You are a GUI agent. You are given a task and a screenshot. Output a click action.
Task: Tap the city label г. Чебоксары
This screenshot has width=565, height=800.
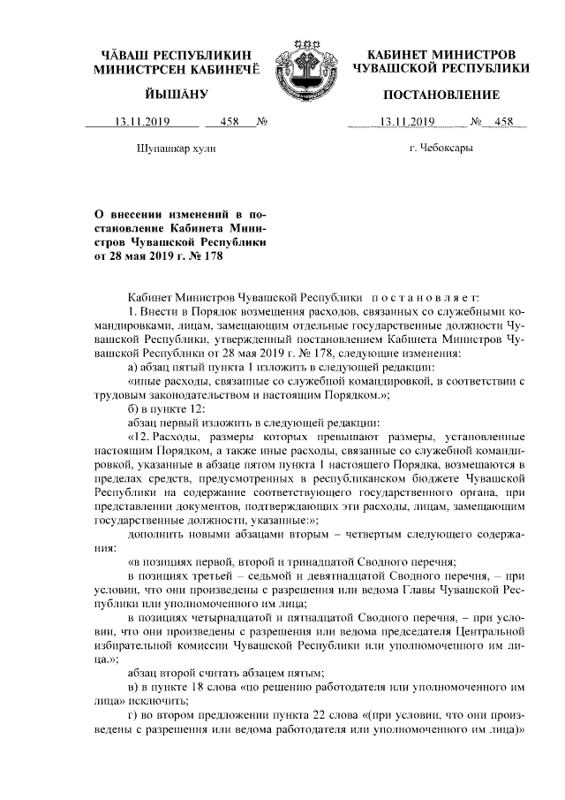441,148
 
